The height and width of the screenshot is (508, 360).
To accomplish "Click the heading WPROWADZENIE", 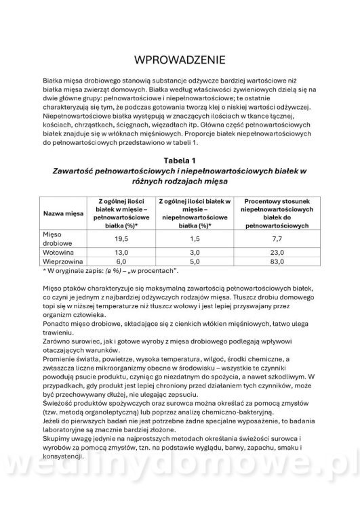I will point(180,60).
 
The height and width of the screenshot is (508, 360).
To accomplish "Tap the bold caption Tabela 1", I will point(180,160).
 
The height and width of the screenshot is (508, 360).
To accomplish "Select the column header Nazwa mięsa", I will point(64,213).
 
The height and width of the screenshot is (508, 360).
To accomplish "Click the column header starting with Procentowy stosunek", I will point(276,213).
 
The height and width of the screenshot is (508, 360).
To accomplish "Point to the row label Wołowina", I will point(58,252).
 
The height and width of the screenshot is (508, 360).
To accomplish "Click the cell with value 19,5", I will point(121,239).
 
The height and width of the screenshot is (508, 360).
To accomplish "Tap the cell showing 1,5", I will point(195,239).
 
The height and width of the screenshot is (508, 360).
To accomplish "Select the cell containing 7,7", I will point(276,239).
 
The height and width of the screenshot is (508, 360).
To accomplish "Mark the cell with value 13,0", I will point(121,252).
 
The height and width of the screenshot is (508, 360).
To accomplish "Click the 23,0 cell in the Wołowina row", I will point(276,252).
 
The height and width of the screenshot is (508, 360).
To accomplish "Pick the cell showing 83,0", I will point(276,261).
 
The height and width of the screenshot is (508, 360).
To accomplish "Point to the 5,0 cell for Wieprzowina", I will point(195,261).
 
